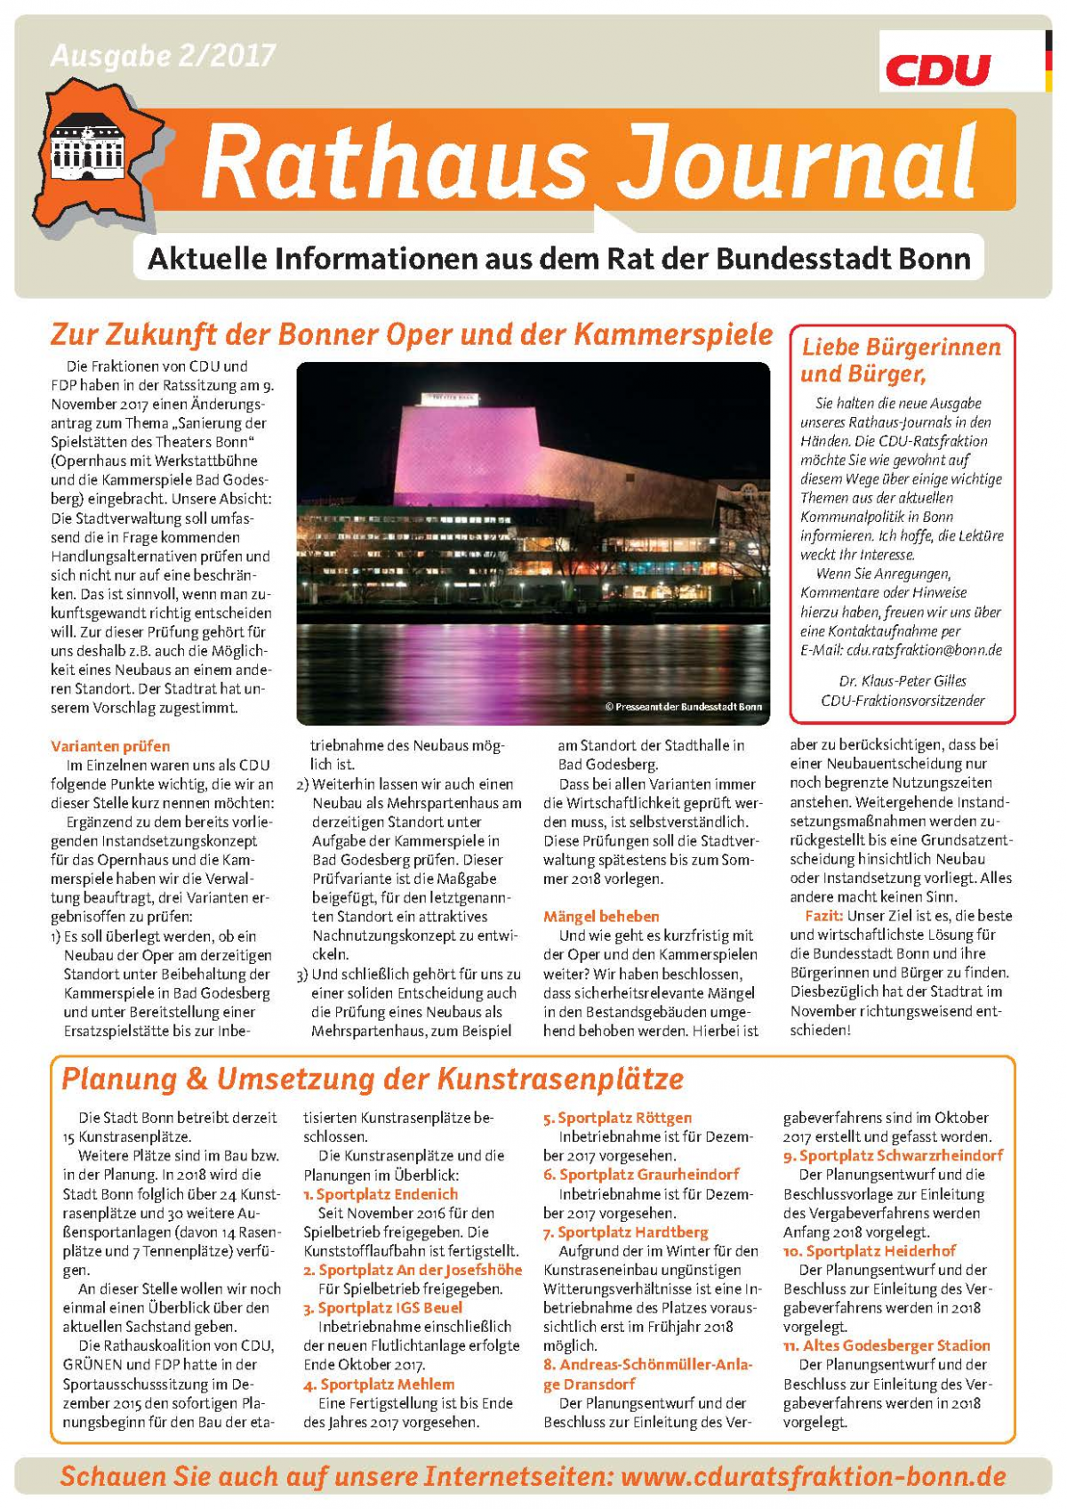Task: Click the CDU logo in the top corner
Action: [937, 68]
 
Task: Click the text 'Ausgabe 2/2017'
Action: [163, 55]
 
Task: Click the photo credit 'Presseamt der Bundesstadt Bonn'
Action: [683, 707]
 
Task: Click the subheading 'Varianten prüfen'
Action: [110, 746]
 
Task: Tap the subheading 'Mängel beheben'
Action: [601, 916]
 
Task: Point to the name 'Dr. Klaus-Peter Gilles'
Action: [902, 681]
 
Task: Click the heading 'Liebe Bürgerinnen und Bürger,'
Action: [901, 359]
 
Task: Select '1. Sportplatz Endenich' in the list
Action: [381, 1194]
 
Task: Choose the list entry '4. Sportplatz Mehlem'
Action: [379, 1384]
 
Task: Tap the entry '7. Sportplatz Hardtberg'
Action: [626, 1232]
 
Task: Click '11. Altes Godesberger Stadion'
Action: [886, 1345]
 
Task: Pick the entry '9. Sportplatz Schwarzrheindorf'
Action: [893, 1155]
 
